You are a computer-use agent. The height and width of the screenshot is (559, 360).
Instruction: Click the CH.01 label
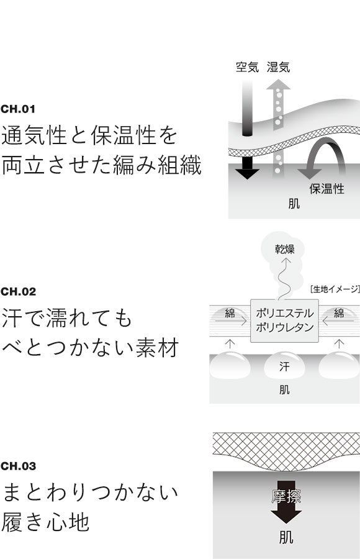[x=19, y=109]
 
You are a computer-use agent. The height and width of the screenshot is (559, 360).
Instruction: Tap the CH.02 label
[x=19, y=291]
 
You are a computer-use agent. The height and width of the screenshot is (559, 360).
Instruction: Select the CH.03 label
[x=19, y=466]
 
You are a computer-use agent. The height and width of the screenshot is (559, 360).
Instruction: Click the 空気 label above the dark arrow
[x=247, y=66]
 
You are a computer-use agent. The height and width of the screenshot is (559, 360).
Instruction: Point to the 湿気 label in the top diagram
[x=278, y=66]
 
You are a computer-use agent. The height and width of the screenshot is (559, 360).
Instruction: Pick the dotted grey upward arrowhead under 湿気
[x=279, y=85]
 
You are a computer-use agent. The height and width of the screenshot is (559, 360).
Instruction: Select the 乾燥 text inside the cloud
[x=285, y=249]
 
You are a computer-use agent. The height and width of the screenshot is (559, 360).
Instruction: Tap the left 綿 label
[x=230, y=313]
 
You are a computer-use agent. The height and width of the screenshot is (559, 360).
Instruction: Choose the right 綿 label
[x=339, y=313]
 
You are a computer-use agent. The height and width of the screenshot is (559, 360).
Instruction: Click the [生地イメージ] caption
[x=334, y=288]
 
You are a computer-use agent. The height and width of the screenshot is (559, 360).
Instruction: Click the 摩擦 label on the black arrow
[x=286, y=496]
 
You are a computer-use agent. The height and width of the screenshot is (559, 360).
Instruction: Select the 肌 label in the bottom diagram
[x=286, y=536]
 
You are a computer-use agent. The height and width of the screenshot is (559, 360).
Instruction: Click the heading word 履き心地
[x=47, y=522]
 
